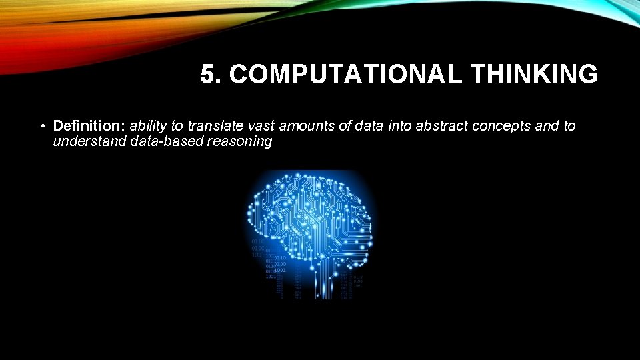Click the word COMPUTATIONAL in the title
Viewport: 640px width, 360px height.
(x=345, y=75)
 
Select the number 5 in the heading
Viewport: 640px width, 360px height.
(x=208, y=75)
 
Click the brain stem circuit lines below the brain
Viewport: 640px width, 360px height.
(x=323, y=283)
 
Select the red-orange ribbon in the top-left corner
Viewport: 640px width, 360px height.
(x=40, y=40)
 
